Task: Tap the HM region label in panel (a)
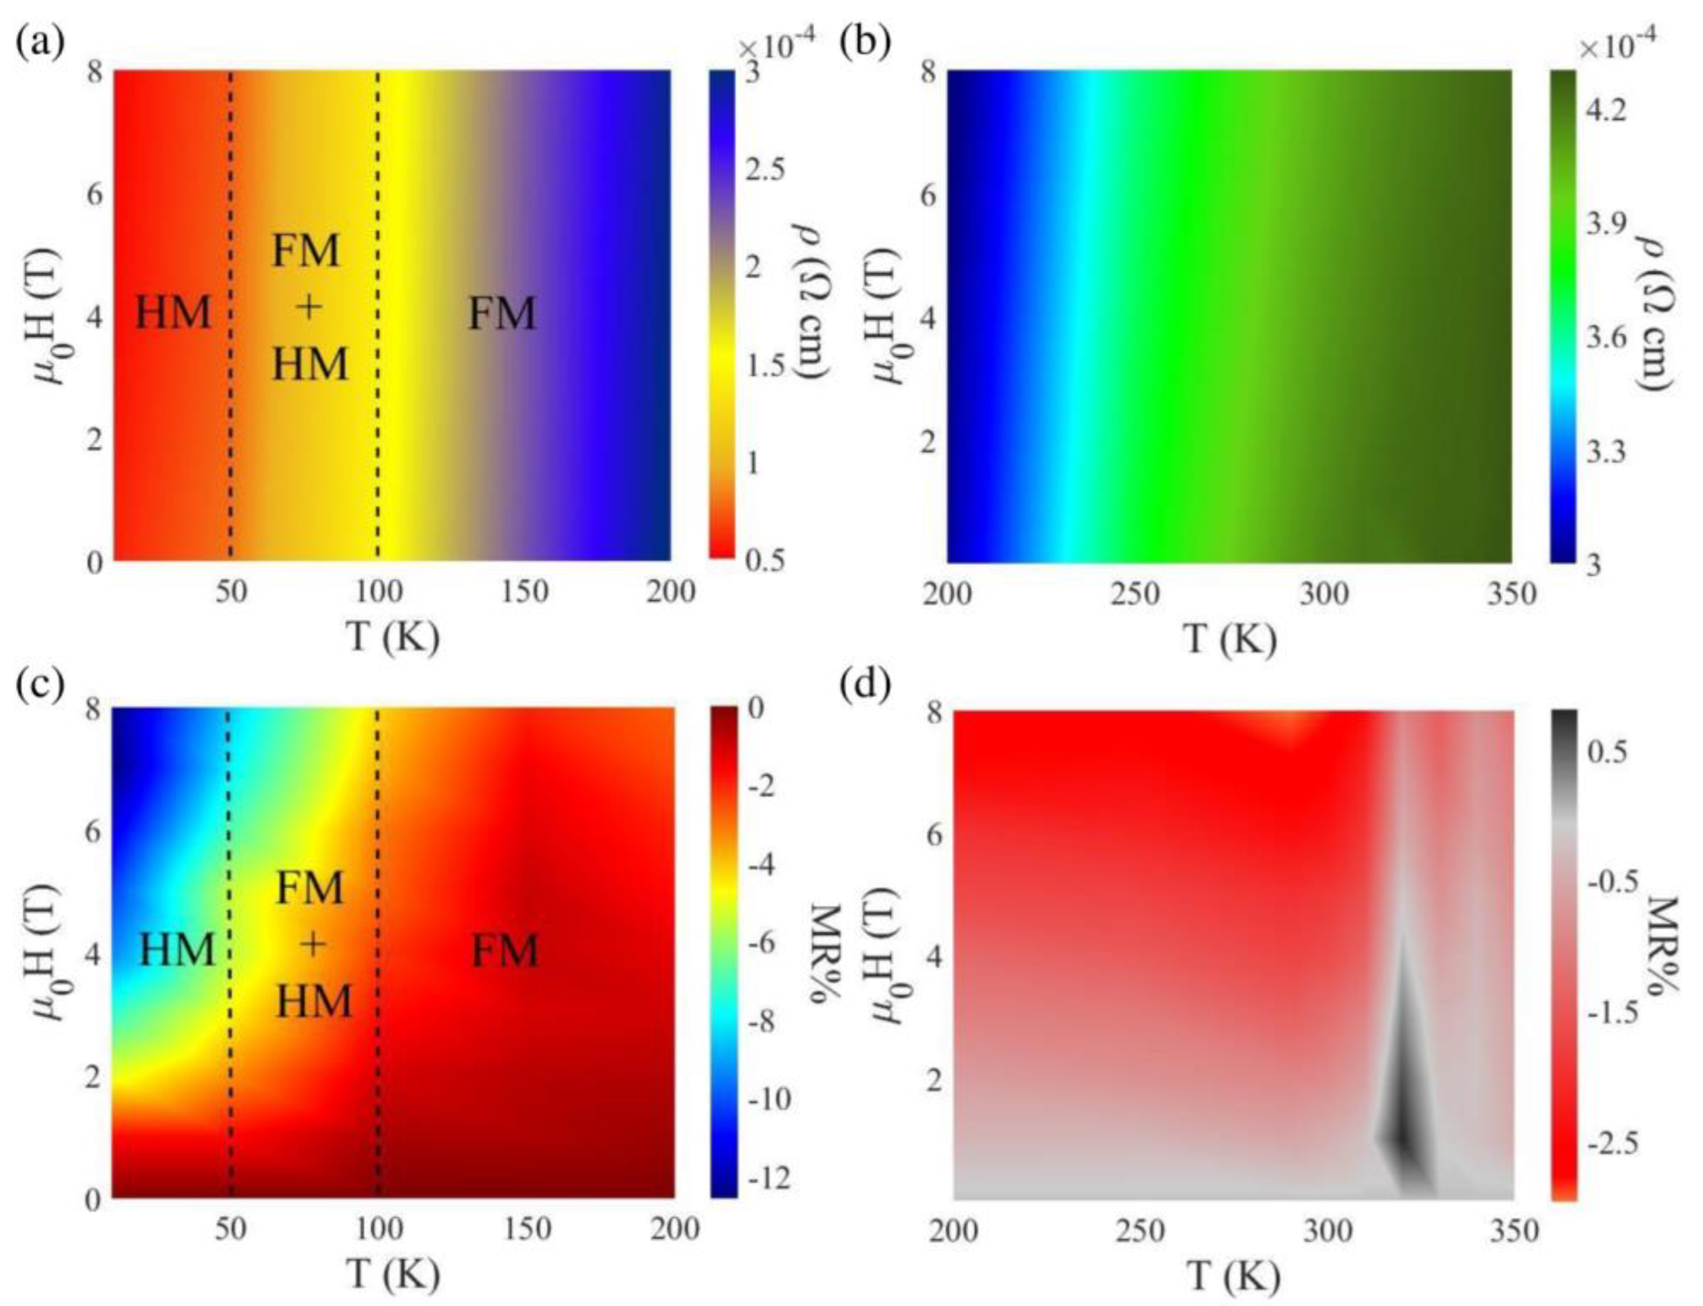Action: point(172,314)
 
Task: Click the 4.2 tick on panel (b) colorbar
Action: point(1603,111)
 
